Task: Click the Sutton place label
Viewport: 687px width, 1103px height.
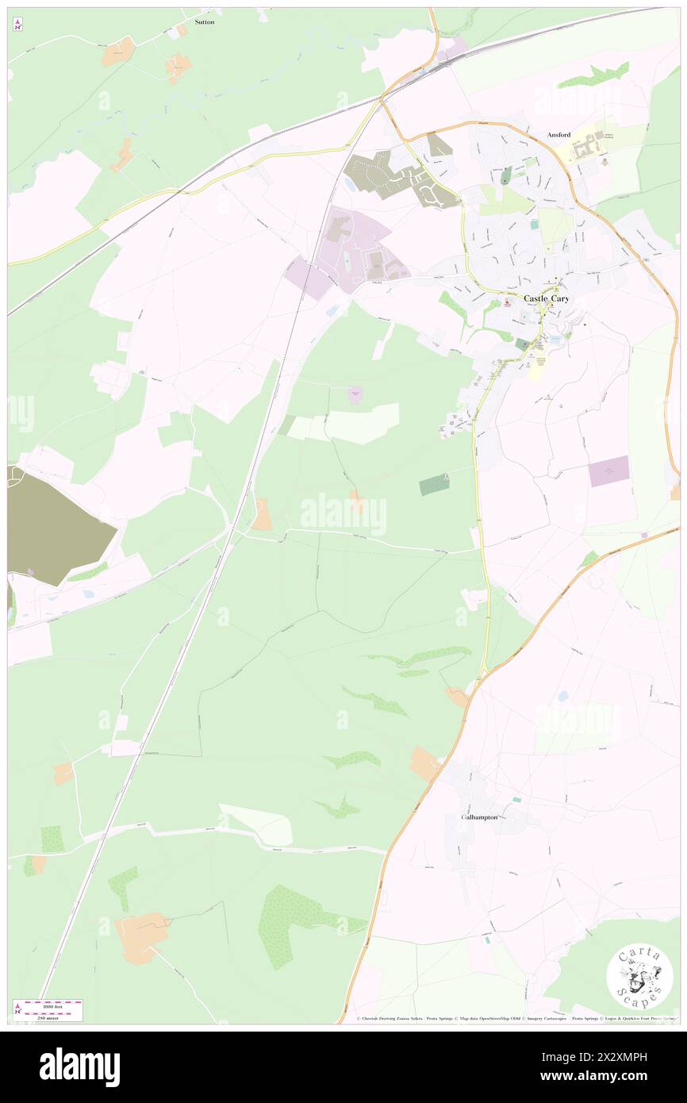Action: (x=205, y=22)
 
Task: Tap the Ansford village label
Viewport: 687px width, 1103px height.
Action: (x=558, y=135)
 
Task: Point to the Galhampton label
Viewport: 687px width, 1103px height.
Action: (x=478, y=817)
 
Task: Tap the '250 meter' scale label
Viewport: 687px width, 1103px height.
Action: (x=52, y=1017)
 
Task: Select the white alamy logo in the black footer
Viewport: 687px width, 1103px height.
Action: (x=80, y=1067)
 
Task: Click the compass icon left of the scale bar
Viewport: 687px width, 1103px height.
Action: (x=17, y=1009)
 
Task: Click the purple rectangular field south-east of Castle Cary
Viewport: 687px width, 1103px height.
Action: (x=608, y=471)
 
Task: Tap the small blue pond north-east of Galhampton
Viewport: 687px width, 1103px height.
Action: (x=562, y=696)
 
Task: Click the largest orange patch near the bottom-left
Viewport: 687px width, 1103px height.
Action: (x=142, y=936)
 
